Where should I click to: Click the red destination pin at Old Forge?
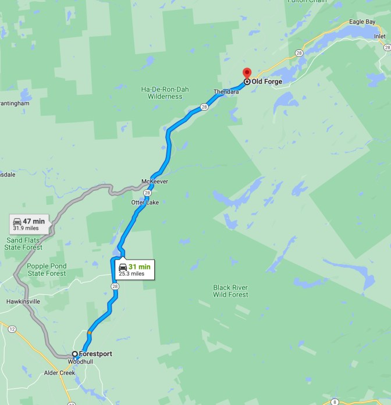[246, 73]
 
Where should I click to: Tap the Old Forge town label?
[266, 82]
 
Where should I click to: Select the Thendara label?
[226, 92]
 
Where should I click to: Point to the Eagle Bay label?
[361, 22]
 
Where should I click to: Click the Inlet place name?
[379, 36]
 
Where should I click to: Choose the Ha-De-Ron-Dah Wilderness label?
[162, 93]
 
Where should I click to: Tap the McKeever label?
[155, 182]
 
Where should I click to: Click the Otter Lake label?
[144, 202]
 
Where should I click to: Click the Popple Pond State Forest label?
[47, 269]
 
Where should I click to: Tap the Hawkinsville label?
[23, 301]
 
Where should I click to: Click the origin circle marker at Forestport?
[74, 354]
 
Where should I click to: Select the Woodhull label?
[80, 361]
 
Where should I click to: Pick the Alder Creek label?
[60, 373]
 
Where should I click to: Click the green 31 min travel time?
[139, 267]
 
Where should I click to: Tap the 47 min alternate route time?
[34, 221]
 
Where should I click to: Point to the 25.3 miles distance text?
[131, 273]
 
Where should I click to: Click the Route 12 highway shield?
[12, 329]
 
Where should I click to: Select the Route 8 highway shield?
[335, 402]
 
